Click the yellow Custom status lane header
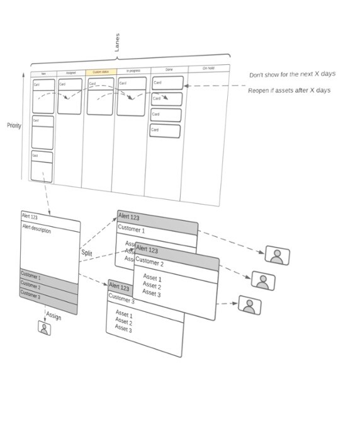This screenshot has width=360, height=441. point(98,72)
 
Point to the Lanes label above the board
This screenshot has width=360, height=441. point(117,43)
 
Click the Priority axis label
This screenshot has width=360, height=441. point(14,125)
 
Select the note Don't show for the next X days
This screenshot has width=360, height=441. point(292,74)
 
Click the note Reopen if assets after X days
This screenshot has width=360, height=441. point(289,91)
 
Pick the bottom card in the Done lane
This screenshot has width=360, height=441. point(165,130)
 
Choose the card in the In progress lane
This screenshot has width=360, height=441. point(132,96)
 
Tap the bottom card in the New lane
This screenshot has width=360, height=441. point(42,166)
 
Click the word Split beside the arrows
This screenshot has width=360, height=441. point(86,253)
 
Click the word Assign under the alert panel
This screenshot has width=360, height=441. point(53,316)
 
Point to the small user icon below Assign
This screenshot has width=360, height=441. point(44,329)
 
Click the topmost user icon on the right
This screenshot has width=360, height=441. point(277,255)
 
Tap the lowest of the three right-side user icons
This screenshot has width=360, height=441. point(250,306)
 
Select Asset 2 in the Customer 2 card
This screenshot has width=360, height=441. point(152,286)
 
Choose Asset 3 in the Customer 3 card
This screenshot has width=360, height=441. point(123,329)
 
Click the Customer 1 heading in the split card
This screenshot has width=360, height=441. point(131,229)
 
